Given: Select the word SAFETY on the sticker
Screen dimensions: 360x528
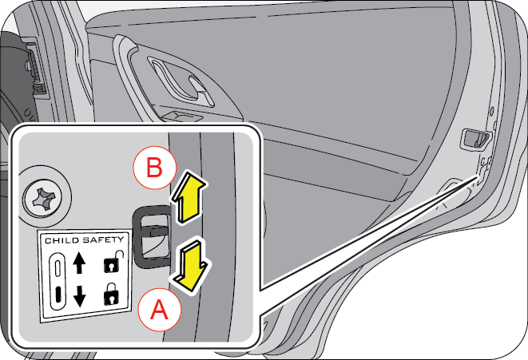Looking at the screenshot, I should point(104,240).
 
